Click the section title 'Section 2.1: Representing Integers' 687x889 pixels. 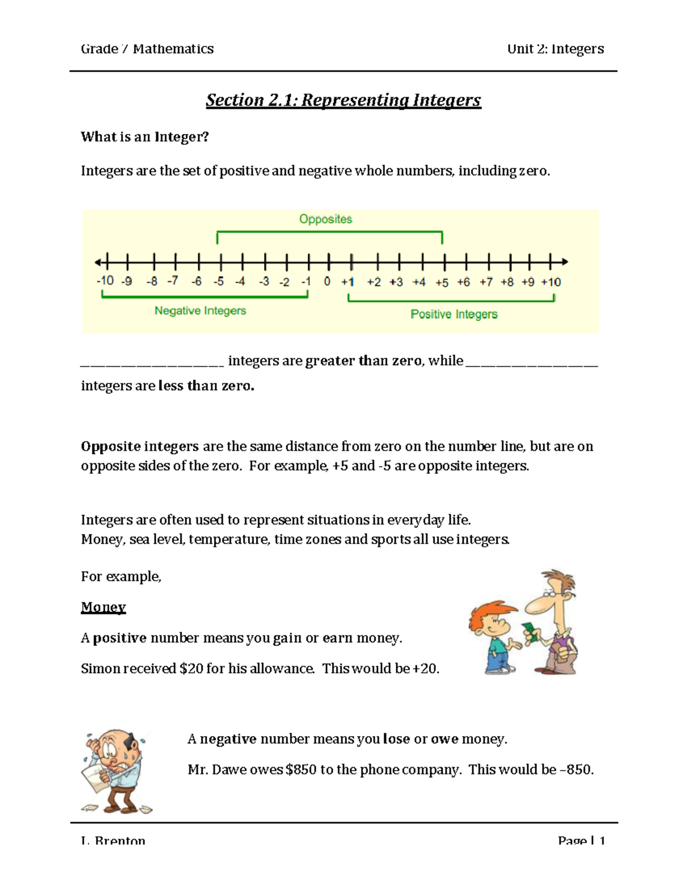pos(343,100)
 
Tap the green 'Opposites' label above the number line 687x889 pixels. pos(325,219)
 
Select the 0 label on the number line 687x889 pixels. pos(327,282)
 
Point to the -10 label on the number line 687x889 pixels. pos(105,280)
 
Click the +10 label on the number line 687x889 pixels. pos(551,282)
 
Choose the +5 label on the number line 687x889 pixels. pos(441,283)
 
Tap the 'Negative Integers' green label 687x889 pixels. pos(200,311)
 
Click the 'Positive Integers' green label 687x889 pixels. pos(453,314)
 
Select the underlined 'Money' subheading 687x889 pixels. pos(103,607)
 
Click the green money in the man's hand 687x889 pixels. pos(530,632)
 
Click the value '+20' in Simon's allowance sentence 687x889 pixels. pos(424,669)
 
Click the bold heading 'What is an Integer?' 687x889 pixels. pos(144,137)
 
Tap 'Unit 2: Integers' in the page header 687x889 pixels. pos(555,49)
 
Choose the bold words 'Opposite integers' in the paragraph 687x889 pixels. pos(140,447)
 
